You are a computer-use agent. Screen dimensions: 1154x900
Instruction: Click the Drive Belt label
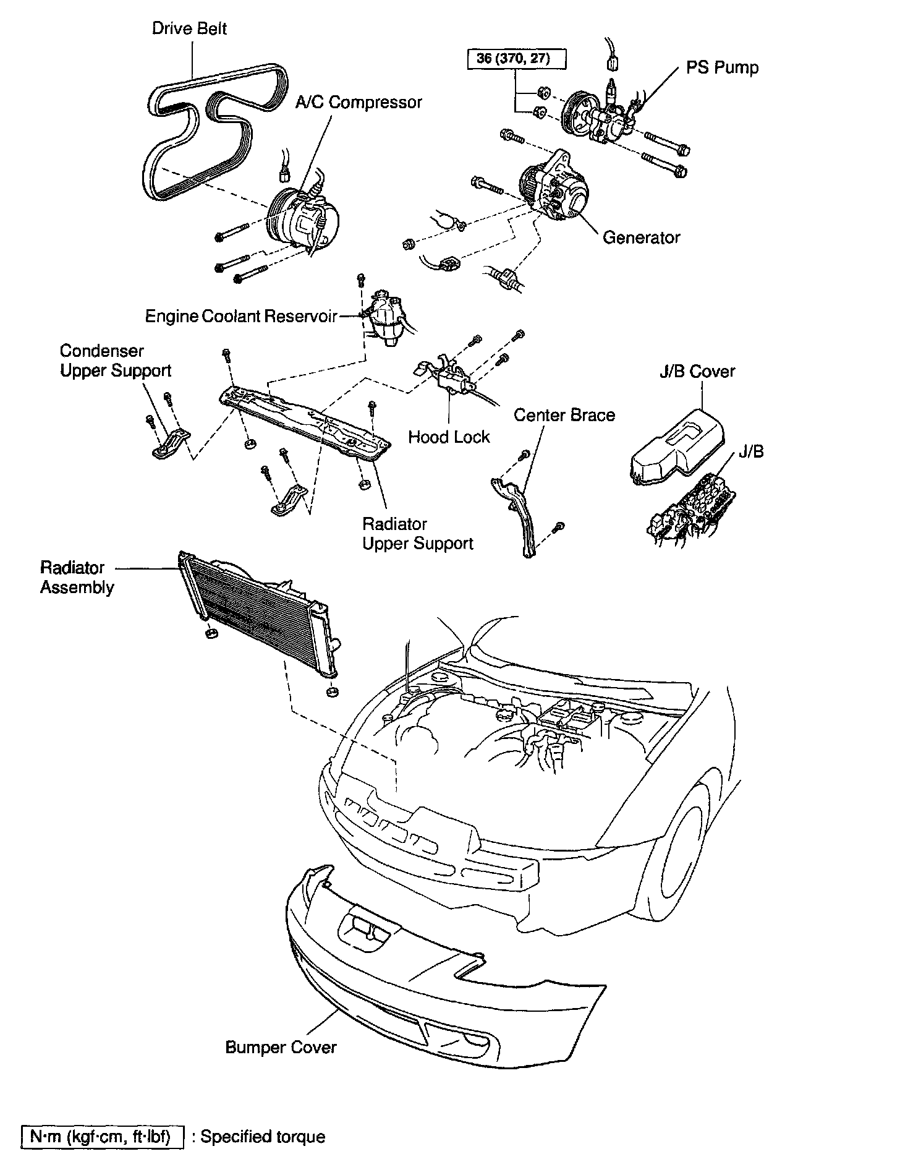189,29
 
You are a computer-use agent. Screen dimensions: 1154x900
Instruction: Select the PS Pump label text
722,67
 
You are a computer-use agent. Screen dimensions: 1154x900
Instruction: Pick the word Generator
641,237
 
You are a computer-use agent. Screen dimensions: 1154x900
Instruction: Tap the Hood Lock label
449,437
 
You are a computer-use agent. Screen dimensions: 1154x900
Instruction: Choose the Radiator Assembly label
77,577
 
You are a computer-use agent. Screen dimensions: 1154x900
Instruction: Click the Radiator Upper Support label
417,534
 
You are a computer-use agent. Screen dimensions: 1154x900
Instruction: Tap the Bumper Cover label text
281,1047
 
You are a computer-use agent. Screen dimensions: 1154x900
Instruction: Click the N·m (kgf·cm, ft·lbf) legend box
103,1136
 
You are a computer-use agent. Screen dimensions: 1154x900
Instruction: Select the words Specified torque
263,1136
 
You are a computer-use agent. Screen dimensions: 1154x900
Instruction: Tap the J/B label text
752,452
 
